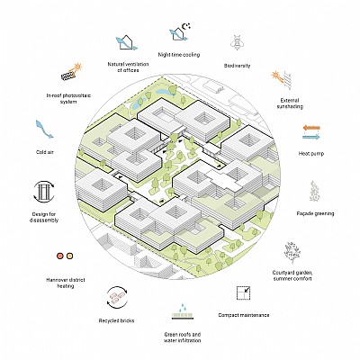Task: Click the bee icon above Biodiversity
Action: (x=238, y=43)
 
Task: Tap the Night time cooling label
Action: (x=179, y=55)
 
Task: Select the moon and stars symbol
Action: (x=187, y=26)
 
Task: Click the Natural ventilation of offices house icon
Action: (x=126, y=43)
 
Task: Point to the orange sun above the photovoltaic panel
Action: (x=78, y=67)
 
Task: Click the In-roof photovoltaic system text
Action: (x=68, y=99)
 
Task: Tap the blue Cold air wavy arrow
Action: (x=44, y=130)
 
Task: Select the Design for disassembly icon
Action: (x=44, y=191)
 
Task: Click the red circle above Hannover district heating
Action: (x=60, y=256)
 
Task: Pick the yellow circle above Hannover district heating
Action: (x=70, y=256)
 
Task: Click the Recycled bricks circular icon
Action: (x=117, y=297)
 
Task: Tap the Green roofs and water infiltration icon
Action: (x=181, y=311)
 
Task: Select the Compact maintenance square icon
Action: (x=243, y=293)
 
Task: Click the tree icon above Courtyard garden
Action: (x=292, y=253)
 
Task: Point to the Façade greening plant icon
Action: (x=314, y=191)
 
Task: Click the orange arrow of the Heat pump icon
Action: (x=311, y=128)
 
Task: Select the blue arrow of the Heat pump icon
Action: (x=311, y=137)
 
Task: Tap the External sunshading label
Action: (x=290, y=103)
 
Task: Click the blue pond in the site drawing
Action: (x=162, y=92)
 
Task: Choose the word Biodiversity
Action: (x=237, y=66)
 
